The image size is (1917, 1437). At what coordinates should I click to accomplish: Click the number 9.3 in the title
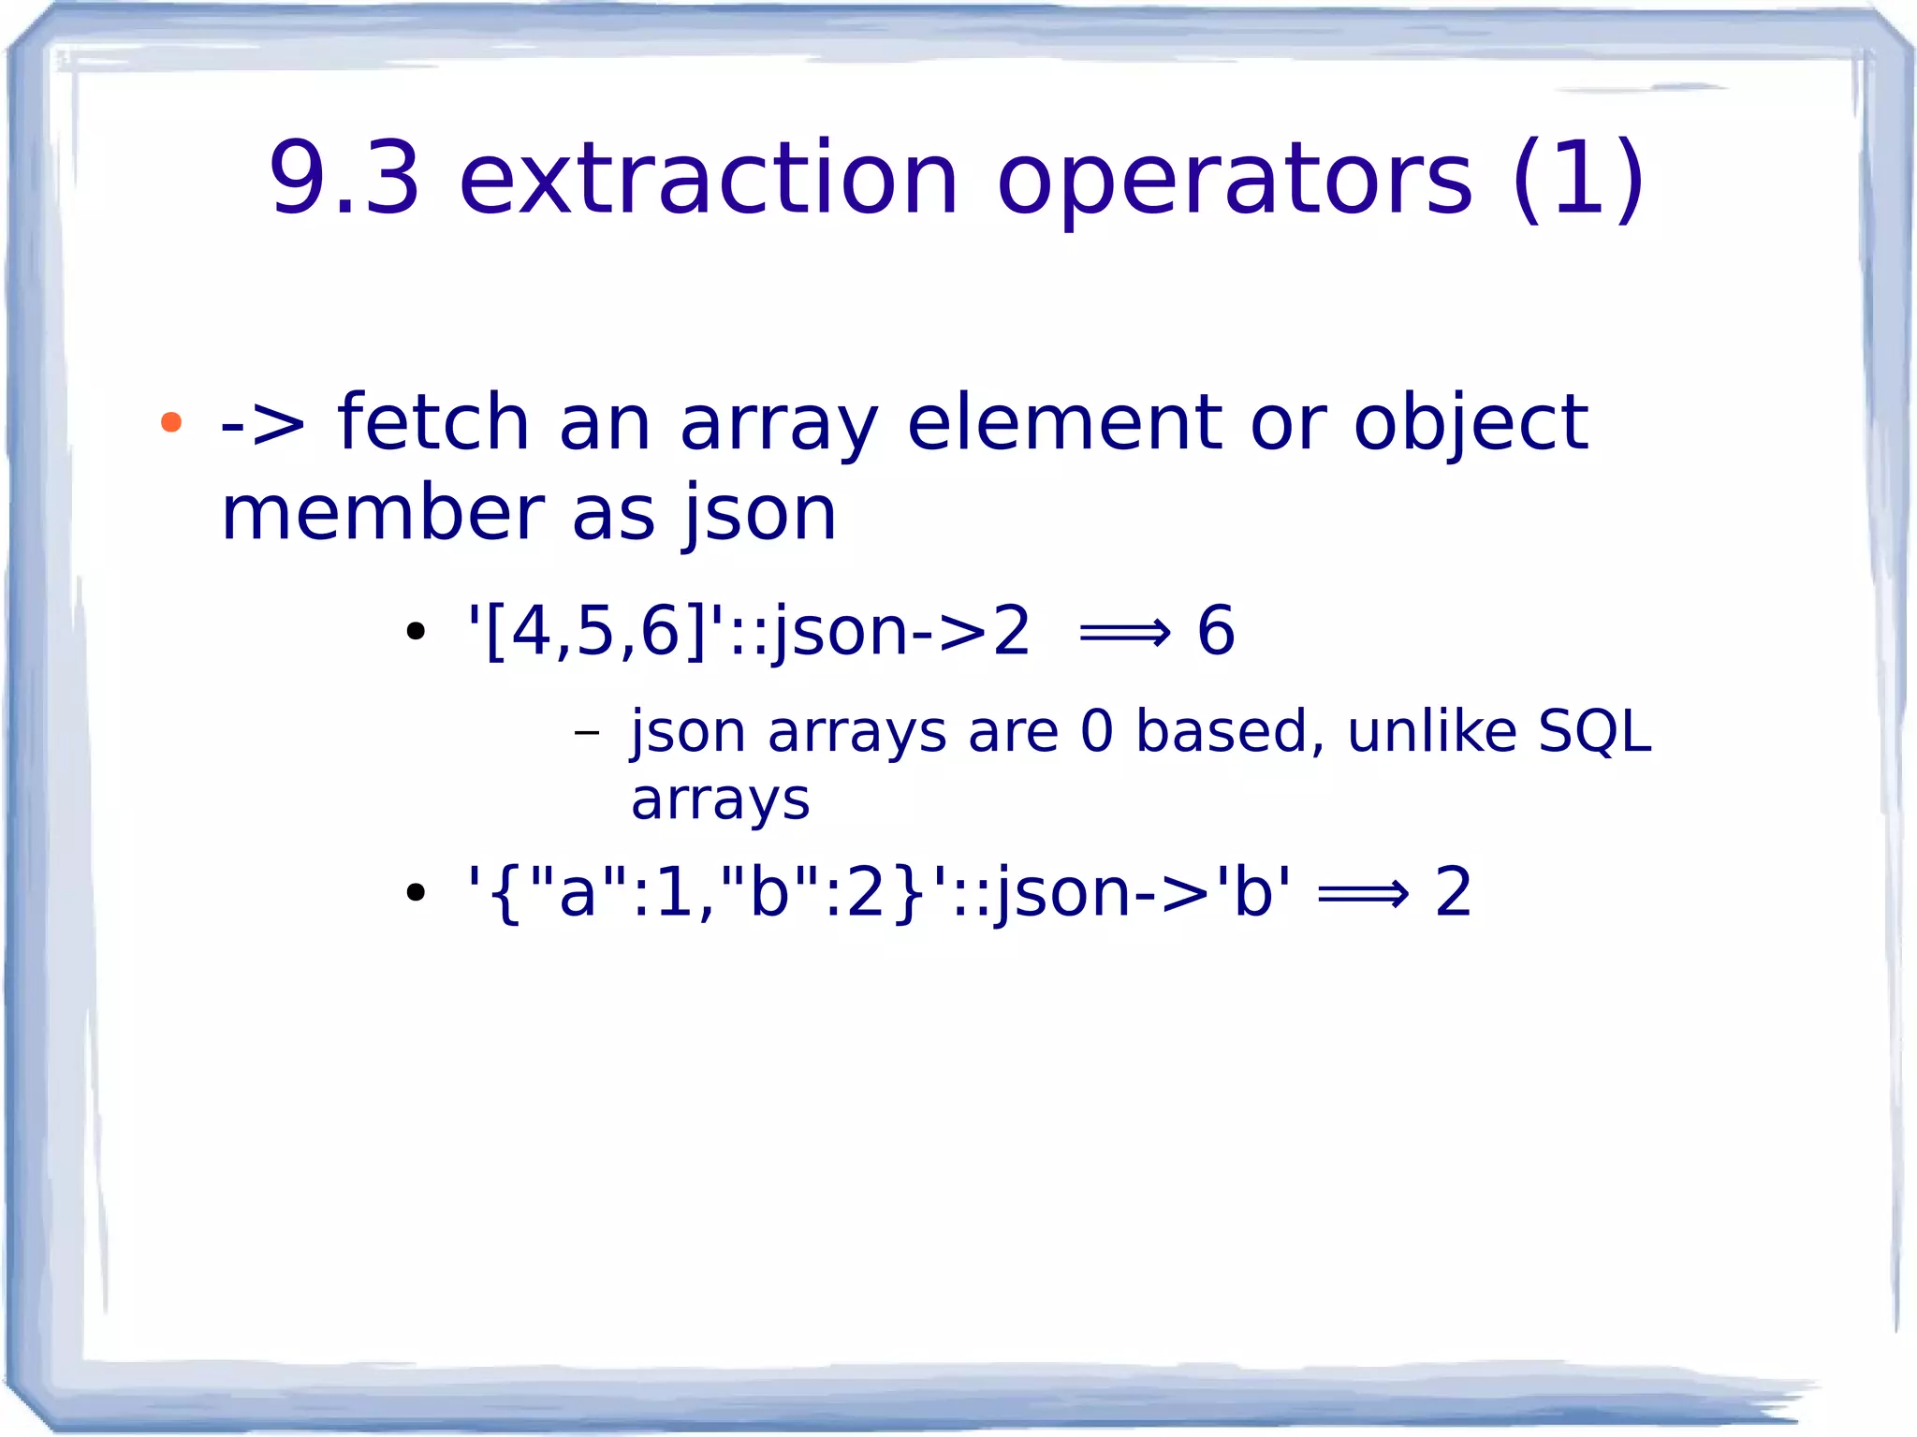coord(344,178)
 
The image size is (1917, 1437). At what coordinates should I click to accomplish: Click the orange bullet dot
coord(170,422)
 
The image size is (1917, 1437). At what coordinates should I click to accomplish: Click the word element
coord(1063,422)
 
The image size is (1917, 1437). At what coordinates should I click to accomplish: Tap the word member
coord(383,514)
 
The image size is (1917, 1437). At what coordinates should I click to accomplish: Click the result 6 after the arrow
coord(1216,630)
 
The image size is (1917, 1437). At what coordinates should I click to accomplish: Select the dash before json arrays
coord(586,731)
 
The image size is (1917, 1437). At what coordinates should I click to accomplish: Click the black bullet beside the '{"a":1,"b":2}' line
coord(416,892)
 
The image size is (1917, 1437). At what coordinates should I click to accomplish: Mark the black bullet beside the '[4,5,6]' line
coord(416,631)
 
